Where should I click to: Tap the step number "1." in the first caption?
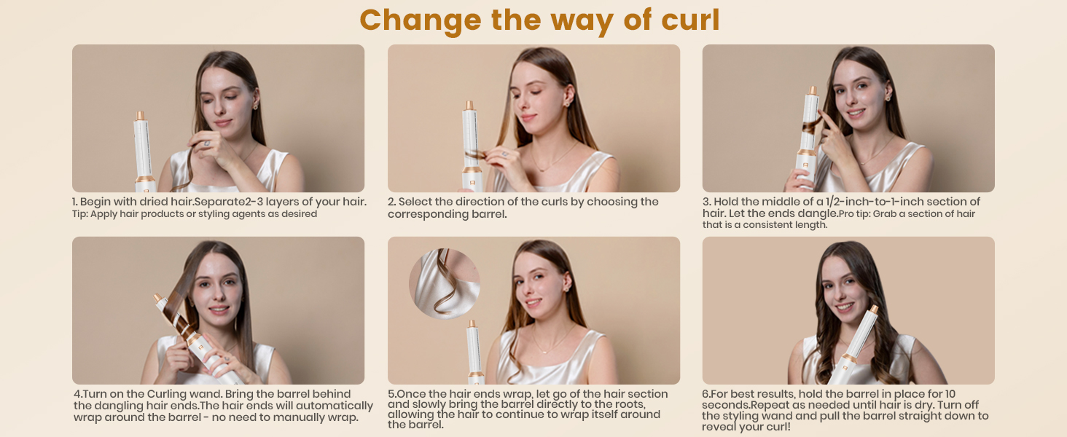coord(75,202)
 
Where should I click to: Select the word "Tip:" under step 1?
coord(80,214)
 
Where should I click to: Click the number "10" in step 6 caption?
coord(950,394)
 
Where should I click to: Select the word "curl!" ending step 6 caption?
coord(775,427)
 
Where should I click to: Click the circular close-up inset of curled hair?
coord(445,284)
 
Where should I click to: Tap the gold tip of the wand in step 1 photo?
coord(140,116)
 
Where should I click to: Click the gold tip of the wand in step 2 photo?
coord(469,106)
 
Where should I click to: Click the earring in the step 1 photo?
coord(255,106)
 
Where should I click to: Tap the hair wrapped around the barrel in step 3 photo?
coord(812,126)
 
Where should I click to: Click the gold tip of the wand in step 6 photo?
coord(874,310)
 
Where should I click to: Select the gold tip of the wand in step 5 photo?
coord(472,323)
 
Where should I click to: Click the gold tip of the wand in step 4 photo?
coord(157,298)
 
